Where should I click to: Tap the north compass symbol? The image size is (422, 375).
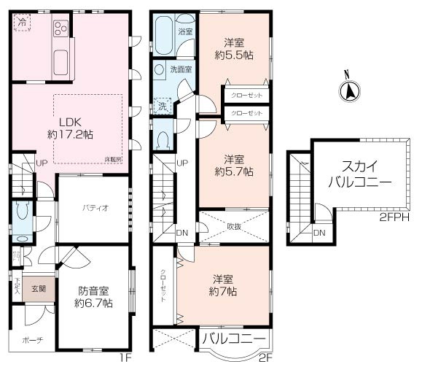pyautogui.click(x=348, y=90)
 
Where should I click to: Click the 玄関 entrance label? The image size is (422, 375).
pyautogui.click(x=38, y=289)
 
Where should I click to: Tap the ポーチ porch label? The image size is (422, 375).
pyautogui.click(x=32, y=340)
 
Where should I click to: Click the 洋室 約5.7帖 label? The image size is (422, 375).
pyautogui.click(x=235, y=165)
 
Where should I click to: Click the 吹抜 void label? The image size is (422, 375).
pyautogui.click(x=234, y=226)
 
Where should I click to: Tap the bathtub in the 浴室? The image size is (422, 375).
pyautogui.click(x=164, y=35)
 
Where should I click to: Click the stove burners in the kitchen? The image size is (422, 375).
pyautogui.click(x=60, y=30)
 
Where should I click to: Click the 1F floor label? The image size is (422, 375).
pyautogui.click(x=125, y=359)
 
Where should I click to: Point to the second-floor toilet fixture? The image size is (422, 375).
pyautogui.click(x=164, y=138)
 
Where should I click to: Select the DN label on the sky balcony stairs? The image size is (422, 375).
pyautogui.click(x=319, y=233)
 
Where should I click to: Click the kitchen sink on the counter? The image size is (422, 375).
pyautogui.click(x=61, y=60)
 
